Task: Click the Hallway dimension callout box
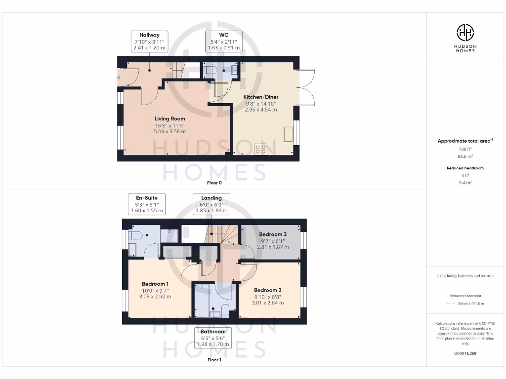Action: pos(149,41)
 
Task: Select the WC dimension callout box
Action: pos(223,41)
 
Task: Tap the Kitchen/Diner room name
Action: pos(261,97)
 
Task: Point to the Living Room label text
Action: pos(169,119)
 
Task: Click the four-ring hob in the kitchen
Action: pos(260,149)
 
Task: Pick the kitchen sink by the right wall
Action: pos(289,133)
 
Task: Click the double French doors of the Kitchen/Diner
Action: pos(306,87)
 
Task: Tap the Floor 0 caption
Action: pos(214,183)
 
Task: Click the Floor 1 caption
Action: pos(214,360)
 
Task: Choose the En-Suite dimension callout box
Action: pos(146,204)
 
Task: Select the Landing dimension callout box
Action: pos(211,204)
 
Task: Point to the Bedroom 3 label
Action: pos(272,234)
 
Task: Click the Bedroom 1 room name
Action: pos(155,284)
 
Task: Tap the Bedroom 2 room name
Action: pos(268,290)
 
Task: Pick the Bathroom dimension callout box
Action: pos(213,338)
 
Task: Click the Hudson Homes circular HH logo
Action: pos(465,33)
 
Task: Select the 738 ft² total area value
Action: pos(465,149)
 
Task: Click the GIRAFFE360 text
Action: pos(465,353)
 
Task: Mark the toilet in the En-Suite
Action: pos(135,235)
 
